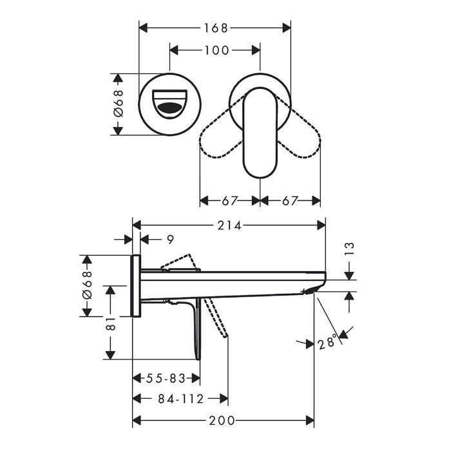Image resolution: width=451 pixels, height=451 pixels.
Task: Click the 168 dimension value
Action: point(216,28)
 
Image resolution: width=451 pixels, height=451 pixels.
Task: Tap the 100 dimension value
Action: point(216,50)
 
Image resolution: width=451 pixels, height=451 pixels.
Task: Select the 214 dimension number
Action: point(229,225)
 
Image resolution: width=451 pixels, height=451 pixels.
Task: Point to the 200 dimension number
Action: point(222,421)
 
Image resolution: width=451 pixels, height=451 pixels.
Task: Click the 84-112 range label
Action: point(181,399)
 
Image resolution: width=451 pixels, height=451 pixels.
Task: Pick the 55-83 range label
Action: point(166,378)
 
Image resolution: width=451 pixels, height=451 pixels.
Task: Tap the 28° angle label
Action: point(327,341)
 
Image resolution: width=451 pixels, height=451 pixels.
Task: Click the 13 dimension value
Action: point(349,249)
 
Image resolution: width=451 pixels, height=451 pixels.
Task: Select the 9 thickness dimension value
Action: point(171,239)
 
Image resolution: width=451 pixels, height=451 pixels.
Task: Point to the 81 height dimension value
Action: point(111,323)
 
